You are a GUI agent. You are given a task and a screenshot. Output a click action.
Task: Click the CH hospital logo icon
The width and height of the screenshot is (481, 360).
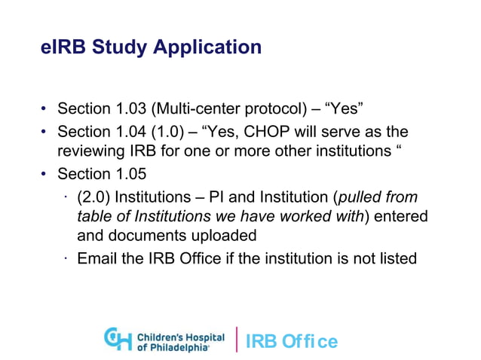[x=117, y=338]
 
